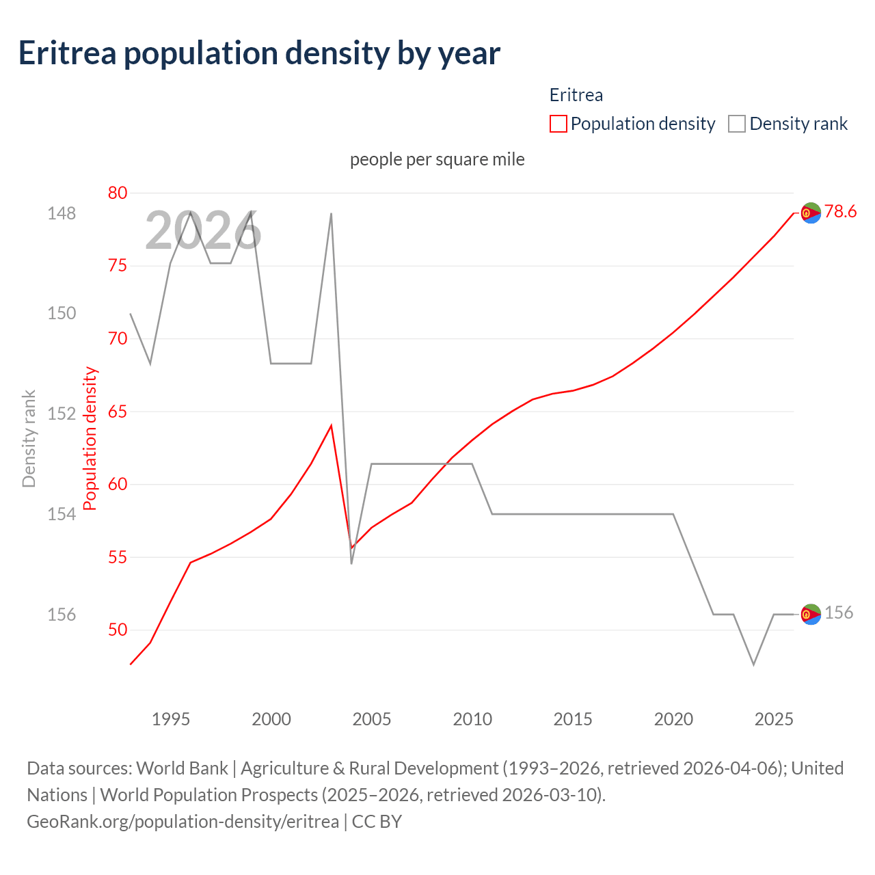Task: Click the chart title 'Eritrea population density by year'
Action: [x=259, y=53]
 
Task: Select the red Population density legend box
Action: [x=558, y=124]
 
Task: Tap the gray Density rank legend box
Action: [x=736, y=124]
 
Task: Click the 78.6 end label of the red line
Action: [x=840, y=212]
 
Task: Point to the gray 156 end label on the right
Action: [x=839, y=612]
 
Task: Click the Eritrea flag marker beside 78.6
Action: [x=811, y=213]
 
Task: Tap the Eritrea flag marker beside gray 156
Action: [x=811, y=615]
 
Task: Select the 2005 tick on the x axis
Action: [x=372, y=719]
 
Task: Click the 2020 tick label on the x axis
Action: [x=673, y=719]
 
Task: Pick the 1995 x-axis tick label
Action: [x=171, y=719]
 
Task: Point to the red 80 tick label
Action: [x=118, y=193]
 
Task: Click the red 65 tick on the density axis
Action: [x=118, y=412]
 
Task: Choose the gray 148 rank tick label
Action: [x=62, y=213]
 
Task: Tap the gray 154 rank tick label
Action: [x=62, y=514]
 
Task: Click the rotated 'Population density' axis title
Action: [x=90, y=439]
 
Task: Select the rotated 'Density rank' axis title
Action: [x=29, y=439]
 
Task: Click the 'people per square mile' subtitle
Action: [x=437, y=159]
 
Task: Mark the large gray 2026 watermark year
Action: [x=203, y=231]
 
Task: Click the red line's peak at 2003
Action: [x=332, y=426]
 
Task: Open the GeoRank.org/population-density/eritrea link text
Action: [x=183, y=821]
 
